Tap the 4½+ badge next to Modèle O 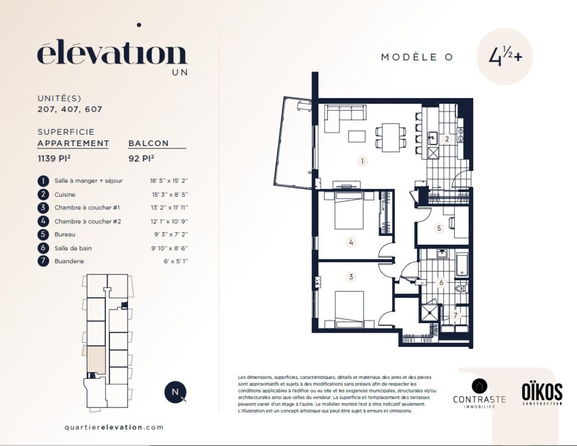coord(504,56)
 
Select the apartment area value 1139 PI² coord(54,158)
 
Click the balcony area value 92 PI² coord(141,158)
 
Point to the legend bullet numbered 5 coord(43,234)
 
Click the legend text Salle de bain coord(73,248)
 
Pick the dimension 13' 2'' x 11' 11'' coord(169,207)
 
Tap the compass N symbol coord(175,392)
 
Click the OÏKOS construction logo coord(542,394)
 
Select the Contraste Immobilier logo coord(480,394)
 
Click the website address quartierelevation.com coord(114,427)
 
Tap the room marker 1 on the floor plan coord(362,161)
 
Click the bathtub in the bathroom coord(462,264)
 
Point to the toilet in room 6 coord(462,288)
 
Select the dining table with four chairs coord(391,137)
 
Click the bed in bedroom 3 coord(349,310)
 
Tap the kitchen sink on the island coord(432,138)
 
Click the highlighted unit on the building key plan coord(96,360)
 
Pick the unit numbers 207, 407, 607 coord(70,109)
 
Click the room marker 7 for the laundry coord(455,315)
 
